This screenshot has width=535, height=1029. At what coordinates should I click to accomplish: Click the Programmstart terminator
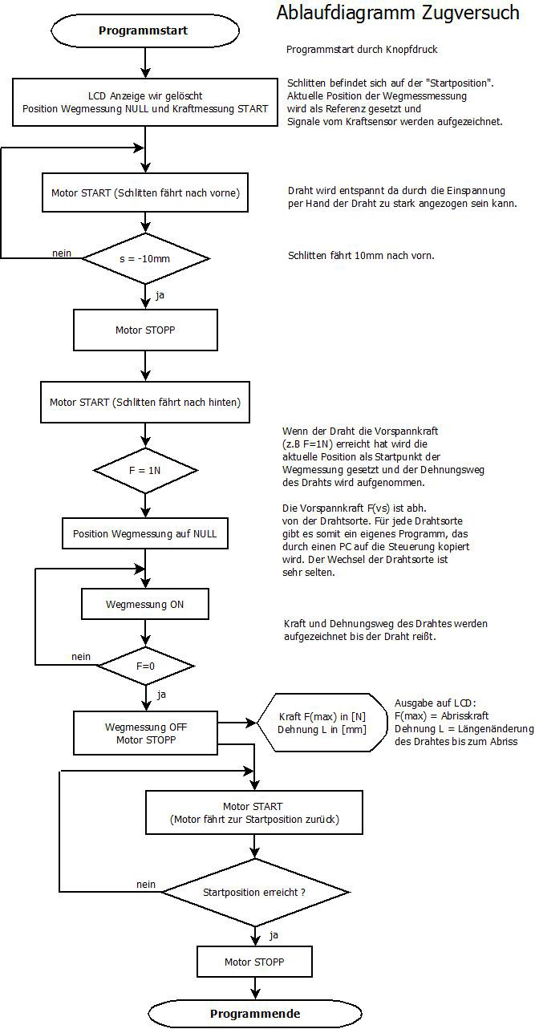(145, 30)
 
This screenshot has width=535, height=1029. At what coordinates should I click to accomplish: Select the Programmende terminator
(255, 1014)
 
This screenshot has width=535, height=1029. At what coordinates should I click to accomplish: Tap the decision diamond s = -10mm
(145, 258)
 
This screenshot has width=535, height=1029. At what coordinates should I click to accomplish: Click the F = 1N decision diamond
(145, 471)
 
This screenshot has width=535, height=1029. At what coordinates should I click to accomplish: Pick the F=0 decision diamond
(146, 666)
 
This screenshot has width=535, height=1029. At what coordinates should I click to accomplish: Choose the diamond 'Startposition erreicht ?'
(254, 892)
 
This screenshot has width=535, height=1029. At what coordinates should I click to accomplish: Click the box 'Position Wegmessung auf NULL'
(145, 534)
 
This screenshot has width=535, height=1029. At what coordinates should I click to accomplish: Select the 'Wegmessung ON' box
(145, 604)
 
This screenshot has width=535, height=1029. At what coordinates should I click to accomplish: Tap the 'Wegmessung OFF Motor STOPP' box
(145, 733)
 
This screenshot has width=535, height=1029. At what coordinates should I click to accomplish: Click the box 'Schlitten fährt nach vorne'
(145, 192)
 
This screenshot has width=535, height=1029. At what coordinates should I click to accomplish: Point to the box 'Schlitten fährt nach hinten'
(145, 402)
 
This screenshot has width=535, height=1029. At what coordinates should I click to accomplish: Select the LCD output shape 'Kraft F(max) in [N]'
(322, 723)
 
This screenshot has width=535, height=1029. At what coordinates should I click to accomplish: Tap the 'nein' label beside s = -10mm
(62, 253)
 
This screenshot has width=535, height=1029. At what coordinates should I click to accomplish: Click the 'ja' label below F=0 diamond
(161, 695)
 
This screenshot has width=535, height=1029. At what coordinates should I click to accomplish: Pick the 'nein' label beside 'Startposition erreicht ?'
(146, 885)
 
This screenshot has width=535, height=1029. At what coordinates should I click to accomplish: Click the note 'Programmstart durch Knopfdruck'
(362, 50)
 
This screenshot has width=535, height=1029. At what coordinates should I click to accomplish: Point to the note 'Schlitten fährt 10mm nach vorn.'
(361, 255)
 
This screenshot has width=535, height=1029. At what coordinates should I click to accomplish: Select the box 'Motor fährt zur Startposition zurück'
(254, 812)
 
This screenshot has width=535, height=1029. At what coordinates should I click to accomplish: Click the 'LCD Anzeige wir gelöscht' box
(145, 103)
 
